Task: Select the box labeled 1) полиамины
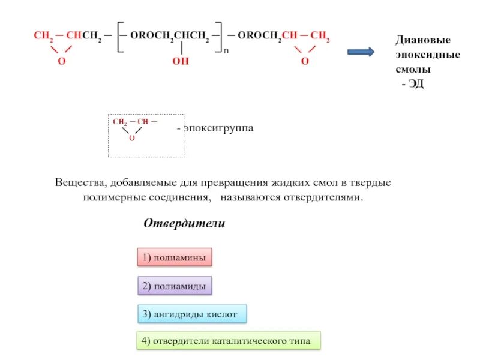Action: pos(175,258)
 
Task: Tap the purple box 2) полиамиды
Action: pos(175,287)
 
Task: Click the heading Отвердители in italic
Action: pos(184,224)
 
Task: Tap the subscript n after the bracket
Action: pos(226,52)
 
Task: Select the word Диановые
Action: pos(422,40)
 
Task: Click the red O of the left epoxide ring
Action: pos(61,62)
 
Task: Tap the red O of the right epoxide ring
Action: pos(305,62)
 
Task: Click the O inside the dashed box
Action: pos(131,137)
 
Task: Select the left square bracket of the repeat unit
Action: pos(121,38)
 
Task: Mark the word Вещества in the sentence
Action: pos(79,182)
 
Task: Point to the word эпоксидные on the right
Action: pos(427,55)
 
